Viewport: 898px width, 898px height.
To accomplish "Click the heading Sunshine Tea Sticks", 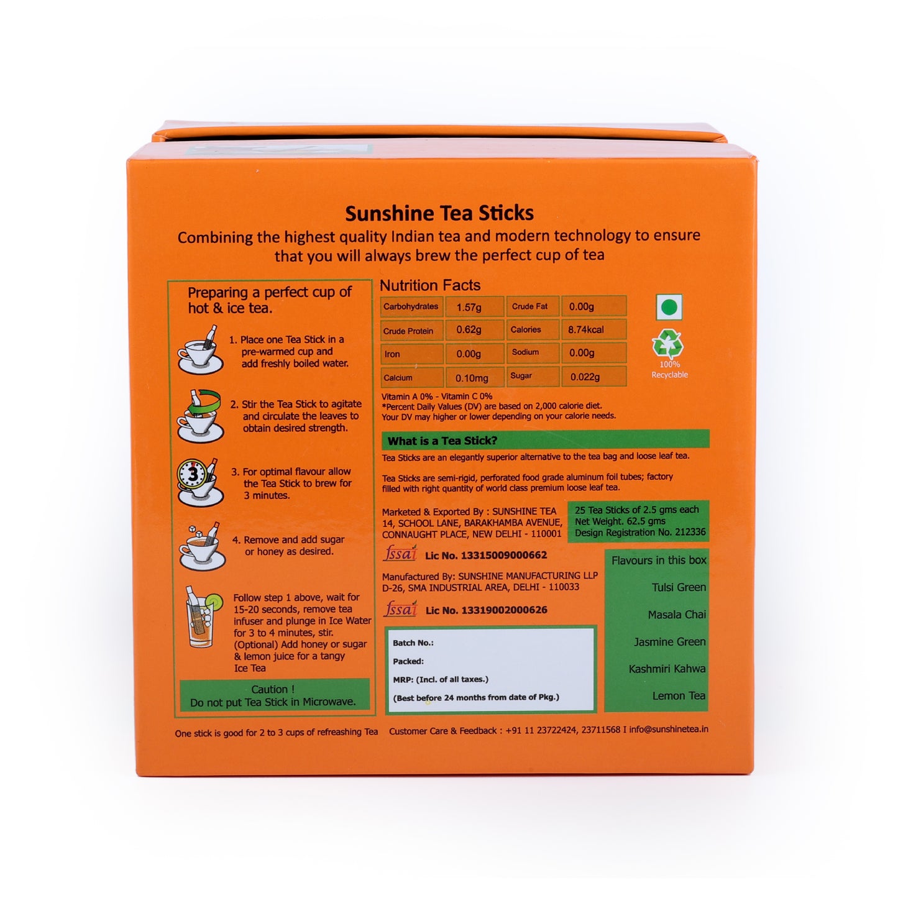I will click(x=439, y=213).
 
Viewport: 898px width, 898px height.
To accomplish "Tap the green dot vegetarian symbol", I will click(x=669, y=307).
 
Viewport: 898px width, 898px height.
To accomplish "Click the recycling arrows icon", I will click(x=667, y=344).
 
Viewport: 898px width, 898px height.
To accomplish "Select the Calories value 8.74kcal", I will click(x=585, y=330).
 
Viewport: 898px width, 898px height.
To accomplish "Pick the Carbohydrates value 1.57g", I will click(x=469, y=307).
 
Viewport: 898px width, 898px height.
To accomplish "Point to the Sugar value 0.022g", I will click(x=585, y=377).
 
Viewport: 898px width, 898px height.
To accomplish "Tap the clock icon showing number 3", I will click(x=192, y=475).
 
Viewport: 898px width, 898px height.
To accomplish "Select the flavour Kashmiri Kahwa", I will click(x=667, y=669).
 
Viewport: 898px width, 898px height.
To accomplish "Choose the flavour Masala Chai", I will click(x=677, y=615).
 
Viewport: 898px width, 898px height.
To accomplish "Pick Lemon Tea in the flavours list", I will click(x=679, y=696).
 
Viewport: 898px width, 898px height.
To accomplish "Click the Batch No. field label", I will click(x=413, y=643).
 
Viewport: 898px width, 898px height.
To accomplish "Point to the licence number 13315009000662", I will click(x=486, y=556).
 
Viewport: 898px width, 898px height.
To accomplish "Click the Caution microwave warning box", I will click(x=273, y=695).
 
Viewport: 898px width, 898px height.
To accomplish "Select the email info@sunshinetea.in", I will click(x=669, y=730).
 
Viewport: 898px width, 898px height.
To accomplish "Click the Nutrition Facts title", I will click(x=430, y=285).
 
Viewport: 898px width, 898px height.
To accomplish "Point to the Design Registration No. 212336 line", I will click(x=640, y=533).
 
